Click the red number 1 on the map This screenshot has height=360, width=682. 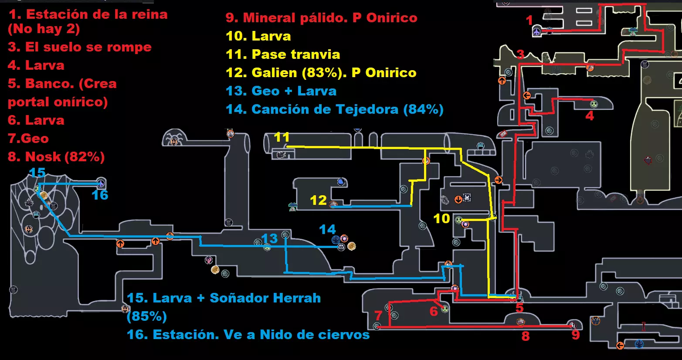(529, 20)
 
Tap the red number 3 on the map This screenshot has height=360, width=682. (520, 54)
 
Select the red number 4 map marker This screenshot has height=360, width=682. (590, 116)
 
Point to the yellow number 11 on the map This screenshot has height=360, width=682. (282, 137)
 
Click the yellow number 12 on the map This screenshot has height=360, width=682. (318, 200)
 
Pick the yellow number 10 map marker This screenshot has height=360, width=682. (441, 218)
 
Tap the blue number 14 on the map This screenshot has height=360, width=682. (327, 229)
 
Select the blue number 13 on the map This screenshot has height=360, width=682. (269, 238)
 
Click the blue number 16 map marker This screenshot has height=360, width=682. (100, 195)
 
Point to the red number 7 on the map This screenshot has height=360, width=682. (378, 315)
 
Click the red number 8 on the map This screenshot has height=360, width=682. (526, 336)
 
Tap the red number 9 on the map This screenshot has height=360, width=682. (576, 335)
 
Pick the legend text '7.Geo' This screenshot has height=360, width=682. (28, 139)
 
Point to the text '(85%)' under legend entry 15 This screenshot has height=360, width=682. (147, 316)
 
